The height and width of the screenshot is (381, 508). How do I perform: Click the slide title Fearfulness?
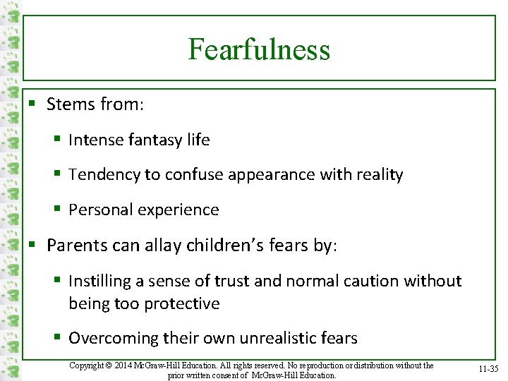point(259,49)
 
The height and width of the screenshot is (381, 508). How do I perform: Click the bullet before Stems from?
point(32,105)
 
